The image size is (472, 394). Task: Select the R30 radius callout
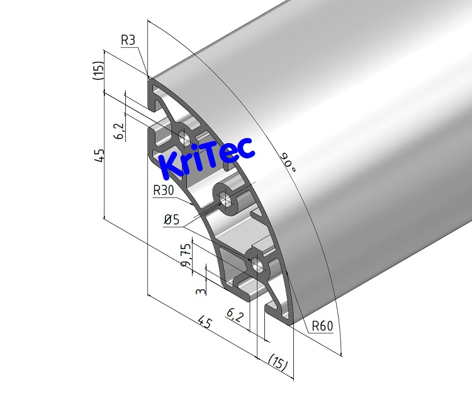click(164, 190)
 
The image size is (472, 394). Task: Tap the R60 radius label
click(323, 327)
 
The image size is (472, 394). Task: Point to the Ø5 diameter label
click(172, 220)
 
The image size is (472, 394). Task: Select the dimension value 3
click(200, 291)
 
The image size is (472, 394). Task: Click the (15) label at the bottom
click(276, 362)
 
